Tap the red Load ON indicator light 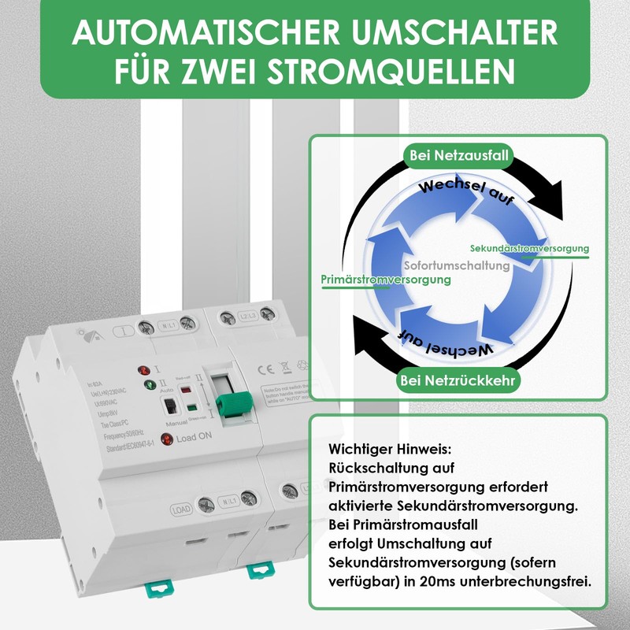[166, 439]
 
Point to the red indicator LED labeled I [145, 370]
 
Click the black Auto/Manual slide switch [169, 407]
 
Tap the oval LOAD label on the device [180, 509]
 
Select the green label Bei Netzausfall [458, 157]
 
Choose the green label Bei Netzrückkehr [458, 382]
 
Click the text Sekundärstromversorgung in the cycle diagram [529, 249]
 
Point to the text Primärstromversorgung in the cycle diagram [386, 280]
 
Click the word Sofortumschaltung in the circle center [457, 266]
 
